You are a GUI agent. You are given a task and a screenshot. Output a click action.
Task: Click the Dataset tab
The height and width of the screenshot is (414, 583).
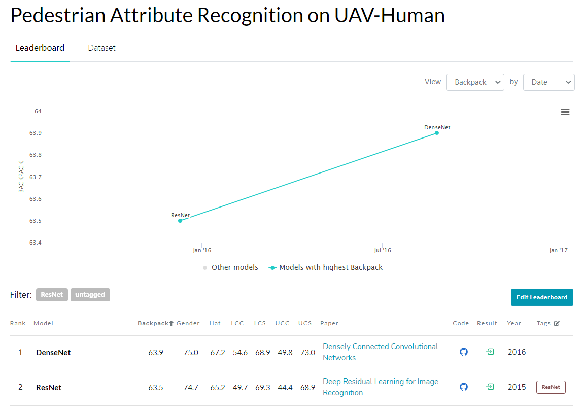click(x=101, y=48)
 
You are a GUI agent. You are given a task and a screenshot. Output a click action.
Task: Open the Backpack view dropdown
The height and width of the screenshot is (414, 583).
click(x=475, y=82)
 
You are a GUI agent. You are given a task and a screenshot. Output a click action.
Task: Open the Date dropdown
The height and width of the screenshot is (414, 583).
click(x=548, y=82)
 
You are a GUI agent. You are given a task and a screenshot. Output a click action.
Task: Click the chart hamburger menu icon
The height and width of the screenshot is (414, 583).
click(x=565, y=112)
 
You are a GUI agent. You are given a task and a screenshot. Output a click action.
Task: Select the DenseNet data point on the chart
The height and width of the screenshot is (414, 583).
click(x=437, y=133)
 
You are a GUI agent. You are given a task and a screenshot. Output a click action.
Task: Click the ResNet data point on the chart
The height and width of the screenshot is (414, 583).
click(x=180, y=221)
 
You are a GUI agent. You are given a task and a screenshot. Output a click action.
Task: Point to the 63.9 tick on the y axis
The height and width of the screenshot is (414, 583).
click(x=35, y=133)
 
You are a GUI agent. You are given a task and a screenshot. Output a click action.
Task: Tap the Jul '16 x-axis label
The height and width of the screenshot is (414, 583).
click(x=382, y=250)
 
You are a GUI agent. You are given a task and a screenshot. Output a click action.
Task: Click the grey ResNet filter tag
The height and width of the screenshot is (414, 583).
click(x=52, y=295)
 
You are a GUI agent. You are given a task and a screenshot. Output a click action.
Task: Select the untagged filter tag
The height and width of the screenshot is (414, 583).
click(x=90, y=295)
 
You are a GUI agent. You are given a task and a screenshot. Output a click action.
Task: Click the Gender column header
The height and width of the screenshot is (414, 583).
click(x=188, y=323)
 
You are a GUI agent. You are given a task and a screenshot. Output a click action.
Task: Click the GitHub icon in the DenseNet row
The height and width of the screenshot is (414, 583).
click(x=464, y=352)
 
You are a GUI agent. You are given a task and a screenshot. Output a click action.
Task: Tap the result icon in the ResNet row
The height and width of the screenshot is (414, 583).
click(x=490, y=387)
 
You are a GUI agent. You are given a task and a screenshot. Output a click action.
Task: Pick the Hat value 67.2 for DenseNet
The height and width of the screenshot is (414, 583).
click(x=218, y=353)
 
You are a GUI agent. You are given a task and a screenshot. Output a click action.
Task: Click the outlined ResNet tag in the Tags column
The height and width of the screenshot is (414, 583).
click(x=551, y=387)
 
